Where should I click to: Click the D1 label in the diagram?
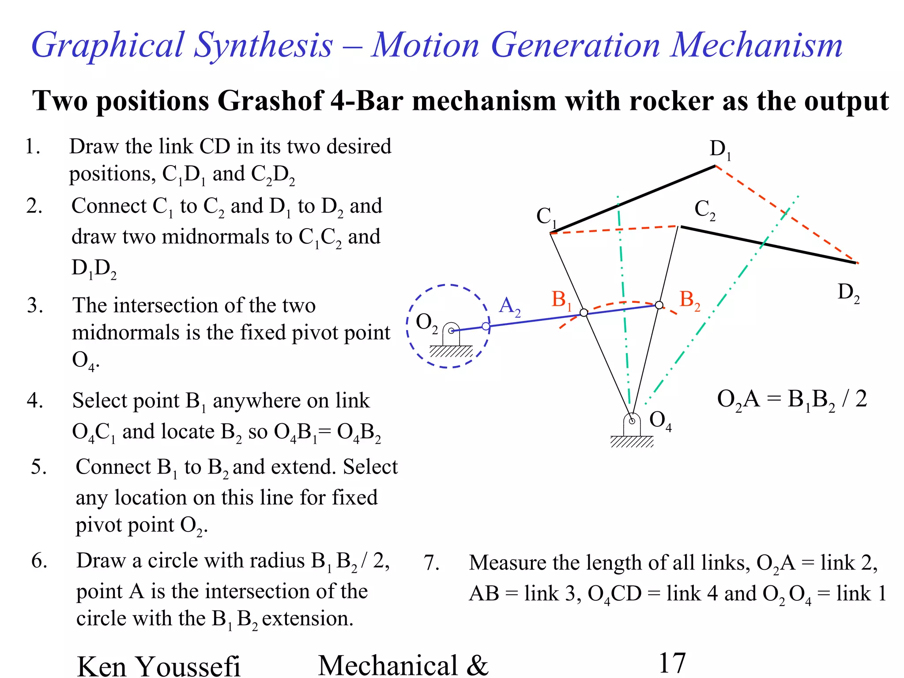click(x=720, y=150)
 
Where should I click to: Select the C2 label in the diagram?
click(x=704, y=210)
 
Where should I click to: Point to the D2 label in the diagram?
click(x=848, y=293)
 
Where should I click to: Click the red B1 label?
click(x=561, y=300)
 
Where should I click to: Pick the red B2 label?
click(x=689, y=300)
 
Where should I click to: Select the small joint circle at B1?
click(x=584, y=313)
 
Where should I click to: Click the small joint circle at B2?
click(x=659, y=305)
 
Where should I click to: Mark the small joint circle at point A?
click(x=486, y=326)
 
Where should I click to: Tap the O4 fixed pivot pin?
click(x=632, y=421)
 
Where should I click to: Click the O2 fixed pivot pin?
click(x=451, y=330)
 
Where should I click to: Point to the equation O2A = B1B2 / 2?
click(x=792, y=399)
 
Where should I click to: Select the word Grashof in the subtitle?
click(x=270, y=101)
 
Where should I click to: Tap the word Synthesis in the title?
click(x=263, y=45)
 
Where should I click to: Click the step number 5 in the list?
click(x=38, y=467)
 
